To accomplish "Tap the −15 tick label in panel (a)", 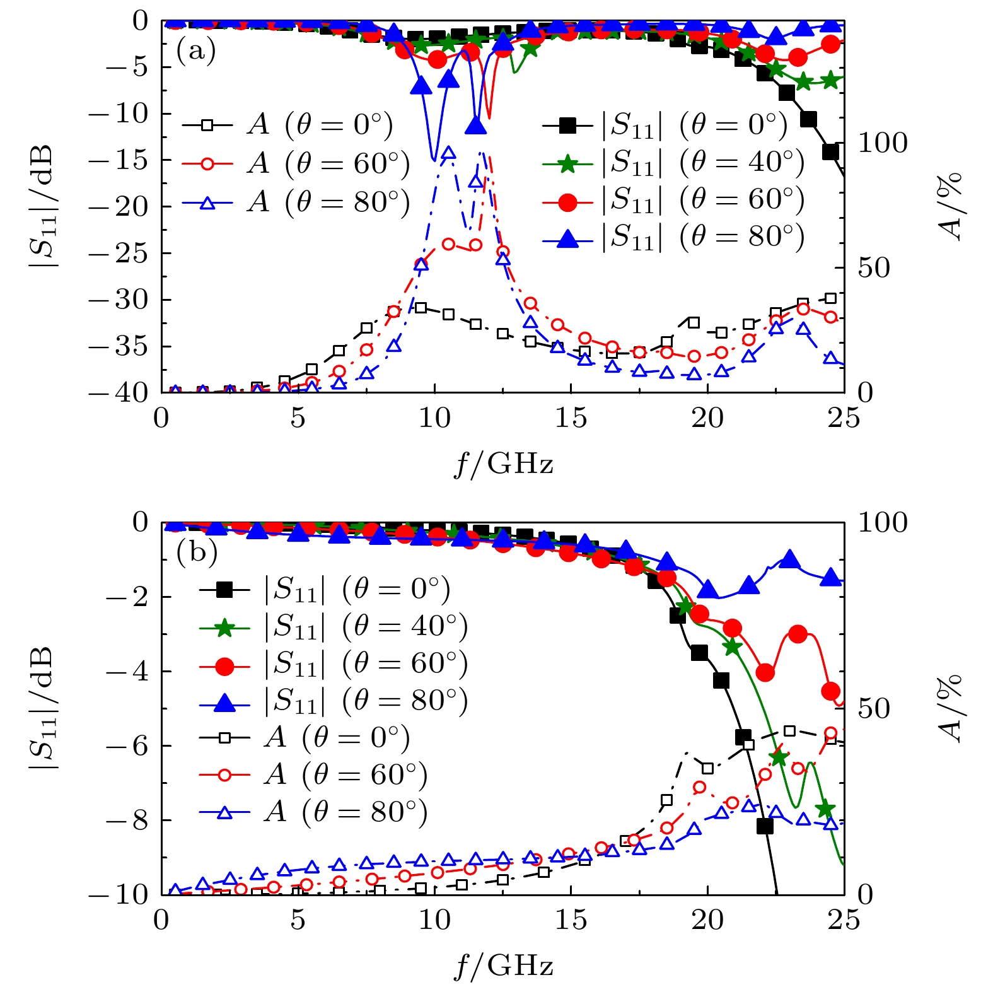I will [117, 160].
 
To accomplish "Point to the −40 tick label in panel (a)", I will [117, 392].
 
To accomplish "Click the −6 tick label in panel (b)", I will [126, 746].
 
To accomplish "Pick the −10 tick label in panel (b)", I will [117, 895].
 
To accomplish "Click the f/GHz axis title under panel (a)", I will [503, 465].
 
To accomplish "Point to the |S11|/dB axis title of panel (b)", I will [43, 708].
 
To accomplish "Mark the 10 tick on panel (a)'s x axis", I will [434, 418].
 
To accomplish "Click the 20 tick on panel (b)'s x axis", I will [707, 920].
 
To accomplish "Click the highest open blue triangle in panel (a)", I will [449, 153].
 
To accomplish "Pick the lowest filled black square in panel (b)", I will [765, 826].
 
